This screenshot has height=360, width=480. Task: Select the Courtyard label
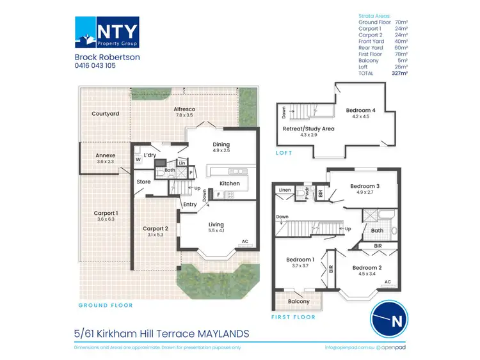tap(105, 114)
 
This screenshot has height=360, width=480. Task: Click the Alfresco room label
tap(185, 109)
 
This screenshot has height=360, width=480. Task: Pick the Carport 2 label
tap(155, 228)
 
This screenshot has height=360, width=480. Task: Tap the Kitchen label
tap(230, 184)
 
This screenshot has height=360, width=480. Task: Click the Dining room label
tap(221, 145)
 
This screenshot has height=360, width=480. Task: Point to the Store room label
tap(143, 182)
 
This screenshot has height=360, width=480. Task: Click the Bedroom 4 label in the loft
tap(361, 110)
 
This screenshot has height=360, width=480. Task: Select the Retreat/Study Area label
tap(309, 129)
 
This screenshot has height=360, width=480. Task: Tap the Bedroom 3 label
tap(365, 186)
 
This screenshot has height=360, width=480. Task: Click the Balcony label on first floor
tap(298, 301)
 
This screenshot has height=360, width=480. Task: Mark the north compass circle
tap(390, 318)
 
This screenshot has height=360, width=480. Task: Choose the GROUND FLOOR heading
tap(106, 306)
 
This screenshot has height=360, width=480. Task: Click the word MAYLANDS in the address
tap(216, 333)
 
